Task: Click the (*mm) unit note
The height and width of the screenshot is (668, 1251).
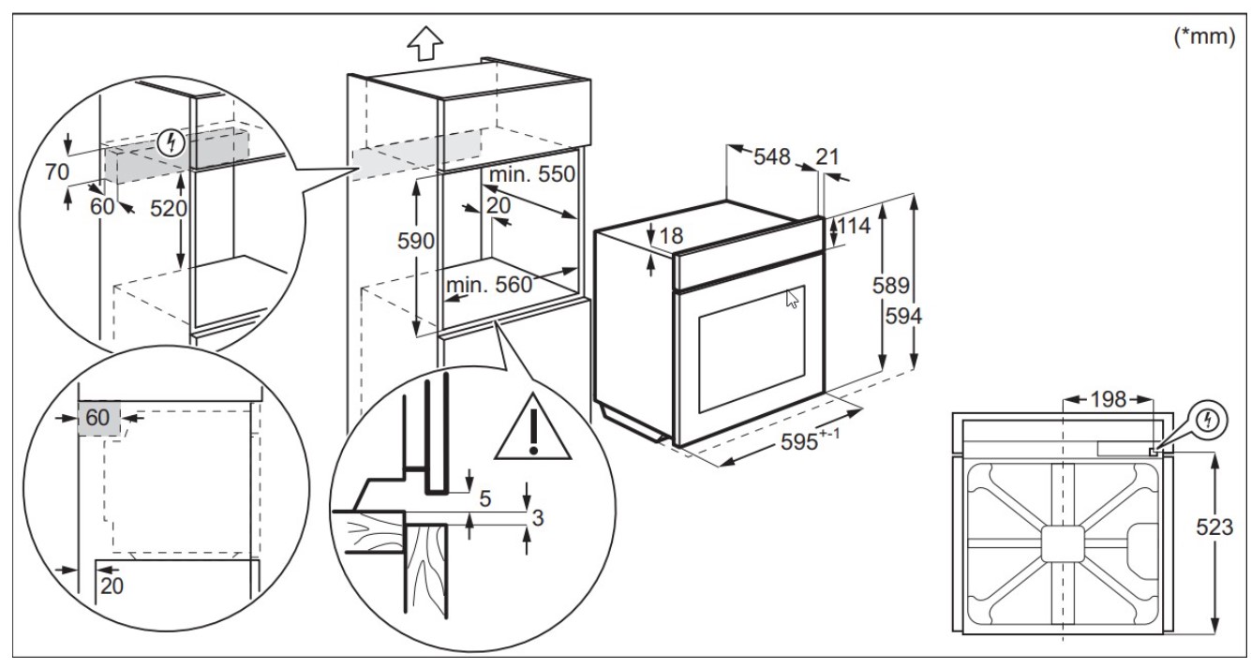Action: coord(1204,37)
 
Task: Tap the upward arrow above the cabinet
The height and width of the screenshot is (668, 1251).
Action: coord(425,43)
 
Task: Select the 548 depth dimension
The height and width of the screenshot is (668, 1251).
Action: coord(772,157)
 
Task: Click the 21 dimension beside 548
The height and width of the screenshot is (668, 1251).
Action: coord(827,157)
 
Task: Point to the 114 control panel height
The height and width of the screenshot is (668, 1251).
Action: coord(854,226)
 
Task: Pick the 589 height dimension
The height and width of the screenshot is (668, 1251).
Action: coord(891,286)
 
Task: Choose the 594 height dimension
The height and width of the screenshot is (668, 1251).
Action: coord(903,317)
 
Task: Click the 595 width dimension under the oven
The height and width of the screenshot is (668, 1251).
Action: coord(810,440)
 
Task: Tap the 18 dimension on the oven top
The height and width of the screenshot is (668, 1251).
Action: coord(671,236)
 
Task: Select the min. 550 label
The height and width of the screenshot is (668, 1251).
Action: coord(531,174)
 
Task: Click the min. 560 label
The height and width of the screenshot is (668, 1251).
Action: coord(488,285)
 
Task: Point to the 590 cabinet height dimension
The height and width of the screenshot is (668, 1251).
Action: coord(415,241)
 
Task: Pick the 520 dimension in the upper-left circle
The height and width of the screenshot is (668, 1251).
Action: coord(168,208)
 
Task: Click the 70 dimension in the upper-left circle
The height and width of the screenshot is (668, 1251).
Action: coord(57,172)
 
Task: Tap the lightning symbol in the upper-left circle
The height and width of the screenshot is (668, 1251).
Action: coord(171,143)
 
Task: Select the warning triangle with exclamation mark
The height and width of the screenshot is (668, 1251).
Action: coord(533,427)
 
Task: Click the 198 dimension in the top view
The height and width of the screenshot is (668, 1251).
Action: coord(1108,399)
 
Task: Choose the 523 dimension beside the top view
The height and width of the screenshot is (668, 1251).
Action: coord(1214,527)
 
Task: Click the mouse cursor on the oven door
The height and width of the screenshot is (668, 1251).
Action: coord(793,299)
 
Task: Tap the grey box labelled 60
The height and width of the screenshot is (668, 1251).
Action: coord(98,418)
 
